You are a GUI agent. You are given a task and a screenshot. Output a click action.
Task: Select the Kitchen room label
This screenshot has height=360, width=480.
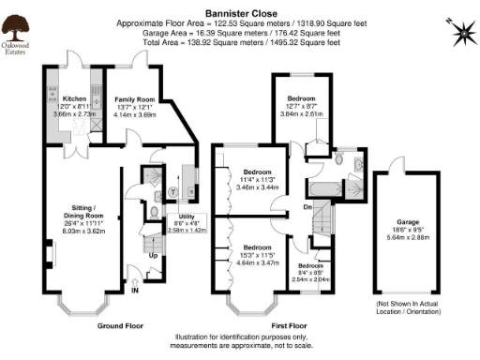(74, 97)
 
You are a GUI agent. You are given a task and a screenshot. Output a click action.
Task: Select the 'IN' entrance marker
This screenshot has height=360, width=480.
(135, 292)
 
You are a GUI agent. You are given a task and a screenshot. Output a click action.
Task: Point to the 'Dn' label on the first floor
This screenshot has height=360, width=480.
(307, 207)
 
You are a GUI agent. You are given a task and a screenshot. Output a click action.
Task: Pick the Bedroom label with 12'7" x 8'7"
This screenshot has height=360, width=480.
(301, 98)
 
